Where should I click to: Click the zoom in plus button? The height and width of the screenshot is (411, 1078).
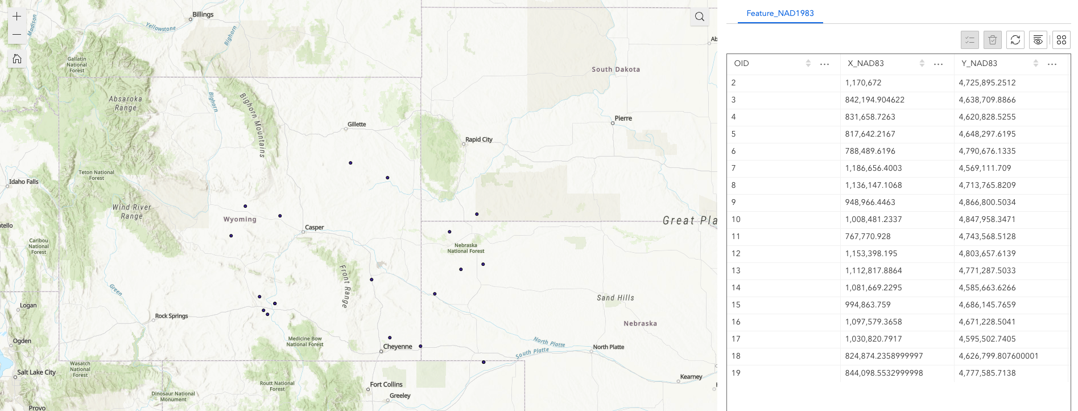pos(17,17)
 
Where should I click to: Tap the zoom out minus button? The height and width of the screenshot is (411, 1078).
pos(17,35)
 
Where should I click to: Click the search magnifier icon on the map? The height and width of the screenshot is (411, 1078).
pos(700,17)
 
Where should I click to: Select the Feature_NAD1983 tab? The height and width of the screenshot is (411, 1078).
pos(780,13)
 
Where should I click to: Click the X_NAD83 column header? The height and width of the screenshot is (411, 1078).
pos(865,63)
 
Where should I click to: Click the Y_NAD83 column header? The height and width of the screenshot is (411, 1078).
pos(979,63)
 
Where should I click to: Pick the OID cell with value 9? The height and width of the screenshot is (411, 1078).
pos(734,202)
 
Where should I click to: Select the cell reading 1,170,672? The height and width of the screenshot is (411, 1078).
pos(863,83)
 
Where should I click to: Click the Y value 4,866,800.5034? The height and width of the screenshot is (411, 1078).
pos(987,202)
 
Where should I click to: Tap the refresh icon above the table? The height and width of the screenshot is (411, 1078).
pos(1015,40)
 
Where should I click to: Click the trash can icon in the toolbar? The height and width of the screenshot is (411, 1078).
pos(993,40)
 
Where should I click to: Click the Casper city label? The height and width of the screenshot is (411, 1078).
pos(314,227)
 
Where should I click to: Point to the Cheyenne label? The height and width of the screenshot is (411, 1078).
pos(398,346)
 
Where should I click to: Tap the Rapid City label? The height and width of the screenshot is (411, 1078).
pos(479,139)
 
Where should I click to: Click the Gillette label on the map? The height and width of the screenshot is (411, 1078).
pos(357,124)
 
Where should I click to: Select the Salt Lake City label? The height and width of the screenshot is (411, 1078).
pos(36,372)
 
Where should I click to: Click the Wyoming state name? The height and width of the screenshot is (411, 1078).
pos(240,219)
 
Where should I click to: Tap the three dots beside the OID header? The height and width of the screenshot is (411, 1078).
pos(824,64)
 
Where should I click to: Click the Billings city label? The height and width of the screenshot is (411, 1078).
pos(203,14)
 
